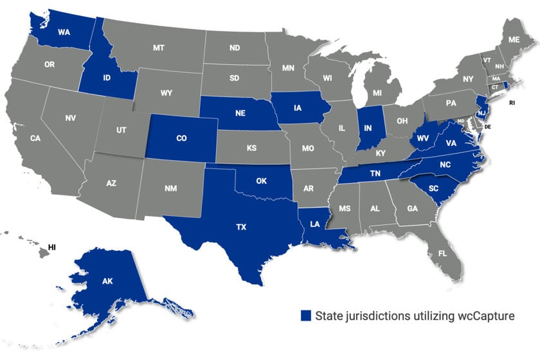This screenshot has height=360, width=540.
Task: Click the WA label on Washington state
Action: tap(64, 32)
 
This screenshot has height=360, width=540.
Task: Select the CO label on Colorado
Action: tap(181, 138)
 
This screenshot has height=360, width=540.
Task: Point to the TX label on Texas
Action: tap(241, 228)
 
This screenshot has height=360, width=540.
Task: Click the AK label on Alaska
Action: tap(107, 281)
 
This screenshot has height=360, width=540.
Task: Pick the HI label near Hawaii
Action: tap(53, 247)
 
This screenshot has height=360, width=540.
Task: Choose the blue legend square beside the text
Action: tap(305, 315)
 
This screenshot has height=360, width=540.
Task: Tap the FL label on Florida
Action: tap(442, 253)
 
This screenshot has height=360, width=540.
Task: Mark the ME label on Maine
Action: tap(514, 39)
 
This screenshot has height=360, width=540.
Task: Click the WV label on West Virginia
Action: tap(422, 138)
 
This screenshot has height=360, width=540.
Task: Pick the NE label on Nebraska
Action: tap(240, 113)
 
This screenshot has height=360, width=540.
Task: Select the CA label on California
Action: tap(35, 138)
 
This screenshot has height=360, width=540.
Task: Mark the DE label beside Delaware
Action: tap(487, 127)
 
